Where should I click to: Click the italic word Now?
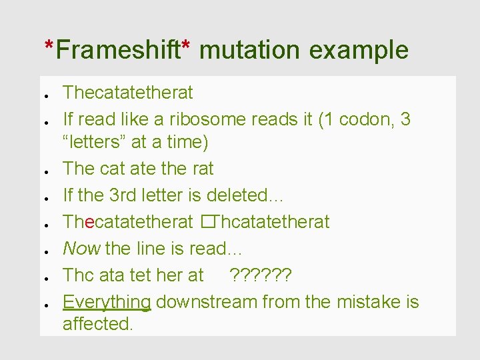click(x=81, y=249)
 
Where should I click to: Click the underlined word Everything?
click(x=107, y=302)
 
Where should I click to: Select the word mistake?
click(x=365, y=302)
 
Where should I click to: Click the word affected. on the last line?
click(x=98, y=324)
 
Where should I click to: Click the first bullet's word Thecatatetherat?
click(x=127, y=93)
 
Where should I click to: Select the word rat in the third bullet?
click(x=199, y=169)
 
